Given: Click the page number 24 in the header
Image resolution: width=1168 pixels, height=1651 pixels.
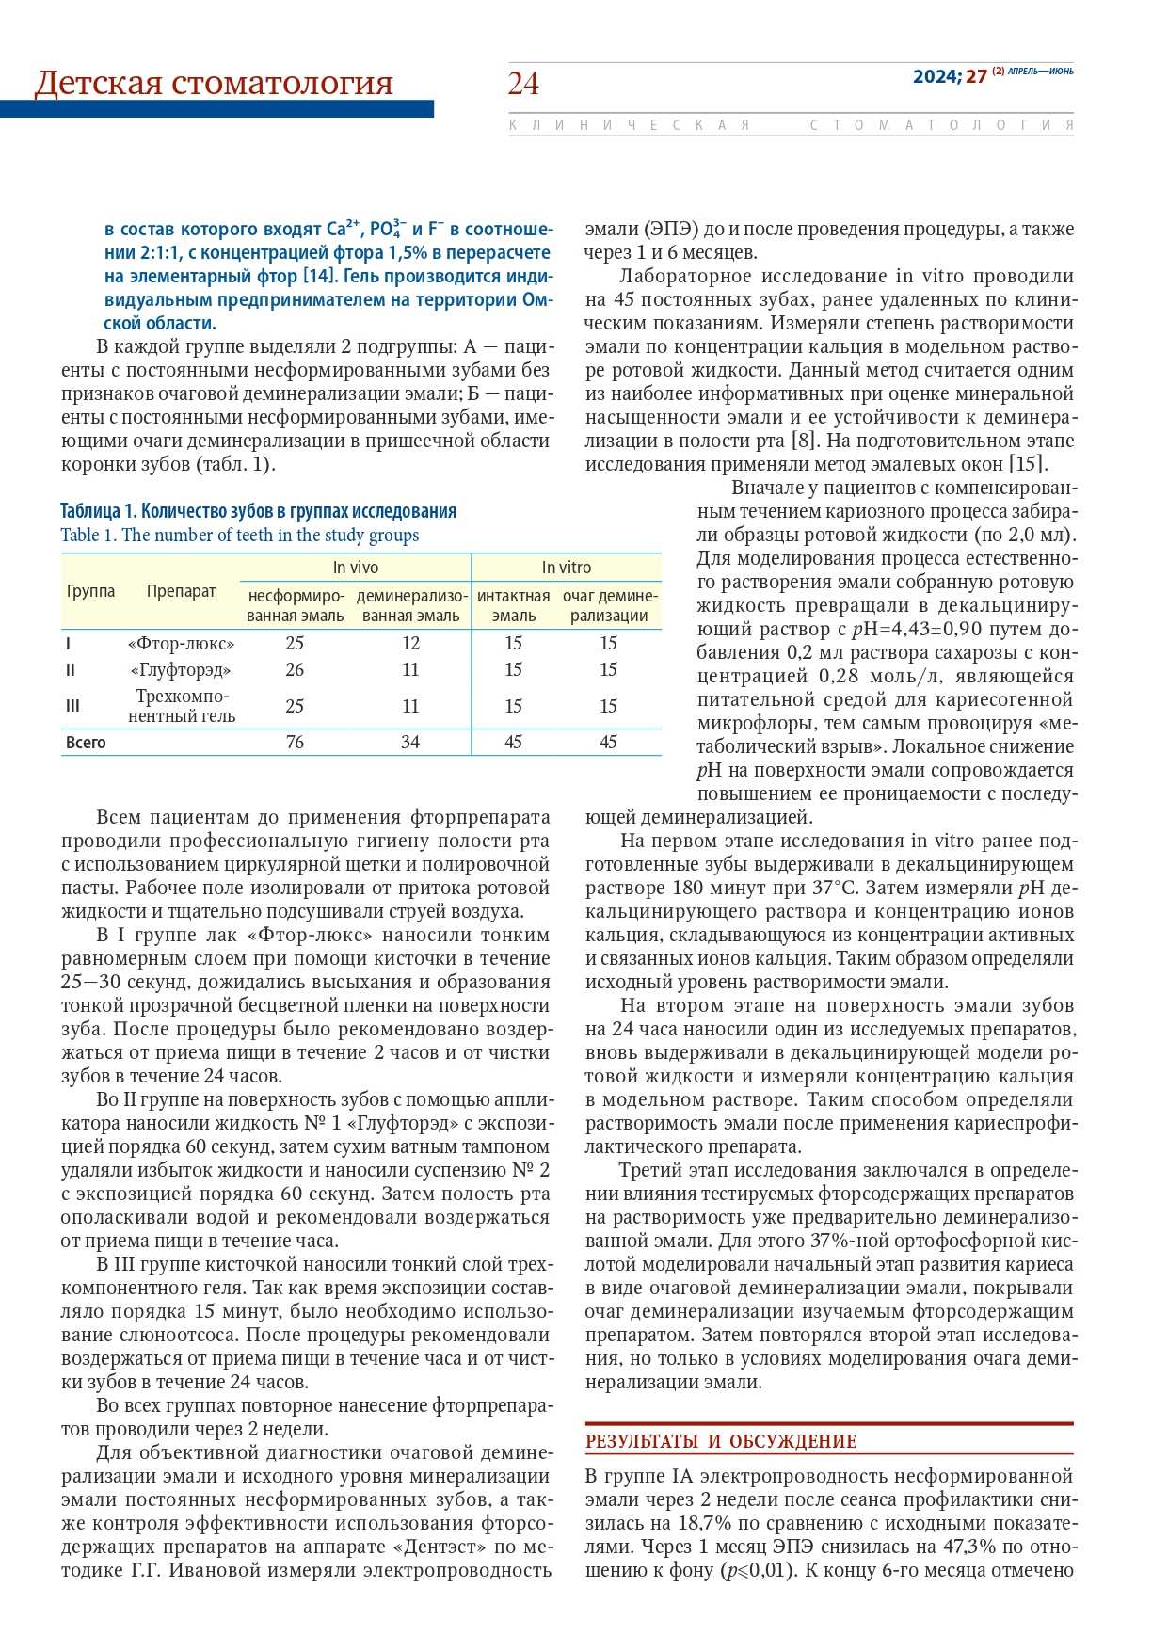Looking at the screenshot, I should [523, 84].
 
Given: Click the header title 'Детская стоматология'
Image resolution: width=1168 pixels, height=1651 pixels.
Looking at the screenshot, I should [214, 83].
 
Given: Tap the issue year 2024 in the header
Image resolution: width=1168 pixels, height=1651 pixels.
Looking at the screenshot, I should [935, 77].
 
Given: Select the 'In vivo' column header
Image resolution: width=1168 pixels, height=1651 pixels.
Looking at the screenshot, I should [356, 568].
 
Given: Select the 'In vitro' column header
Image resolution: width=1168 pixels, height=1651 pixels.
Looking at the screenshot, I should [567, 568].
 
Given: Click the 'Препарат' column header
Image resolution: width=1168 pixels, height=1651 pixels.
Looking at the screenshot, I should [181, 591].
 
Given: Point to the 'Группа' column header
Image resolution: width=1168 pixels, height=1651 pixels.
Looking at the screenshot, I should [90, 591].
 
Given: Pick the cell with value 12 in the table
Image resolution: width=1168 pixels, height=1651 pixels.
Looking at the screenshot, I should [410, 643].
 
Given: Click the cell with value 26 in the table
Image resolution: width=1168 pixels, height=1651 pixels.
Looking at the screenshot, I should [295, 669].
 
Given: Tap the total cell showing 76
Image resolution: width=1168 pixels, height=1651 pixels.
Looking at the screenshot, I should [295, 742].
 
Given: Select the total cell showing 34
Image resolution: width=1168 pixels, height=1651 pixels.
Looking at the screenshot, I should [410, 742].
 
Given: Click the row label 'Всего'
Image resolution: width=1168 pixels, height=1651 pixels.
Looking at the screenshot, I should [86, 742].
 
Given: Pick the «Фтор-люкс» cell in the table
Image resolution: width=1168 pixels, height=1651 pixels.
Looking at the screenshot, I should [181, 644].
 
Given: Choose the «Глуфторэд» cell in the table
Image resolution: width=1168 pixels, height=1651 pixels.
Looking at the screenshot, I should [181, 670].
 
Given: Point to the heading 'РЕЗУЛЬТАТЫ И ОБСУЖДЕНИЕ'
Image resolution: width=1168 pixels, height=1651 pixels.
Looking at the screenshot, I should [721, 1441].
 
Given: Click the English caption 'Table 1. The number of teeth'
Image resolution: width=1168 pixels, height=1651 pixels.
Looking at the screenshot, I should [240, 535].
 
